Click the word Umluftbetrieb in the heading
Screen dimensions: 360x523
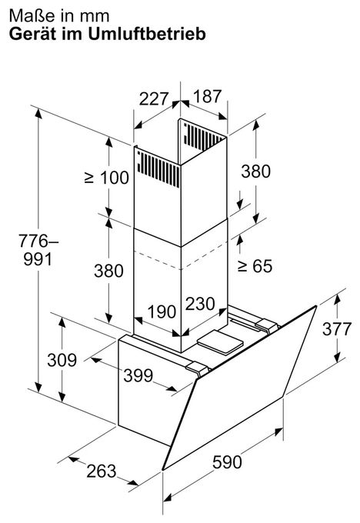coord(147,34)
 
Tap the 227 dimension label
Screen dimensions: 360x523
coord(154,98)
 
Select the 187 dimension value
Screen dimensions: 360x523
coord(207,96)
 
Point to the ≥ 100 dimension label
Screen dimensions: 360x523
coord(107,178)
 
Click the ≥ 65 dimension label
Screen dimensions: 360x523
coord(255,266)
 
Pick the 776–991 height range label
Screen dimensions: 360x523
coord(38,250)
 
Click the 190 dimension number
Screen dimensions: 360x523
coord(162,311)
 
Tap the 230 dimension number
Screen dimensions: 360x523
coord(200,304)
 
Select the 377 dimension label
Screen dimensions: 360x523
coord(337,329)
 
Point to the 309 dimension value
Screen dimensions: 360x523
coord(62,360)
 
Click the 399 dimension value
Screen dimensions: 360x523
coord(138,375)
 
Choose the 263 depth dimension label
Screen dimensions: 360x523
coord(102,471)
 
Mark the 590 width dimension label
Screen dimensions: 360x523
coord(227,462)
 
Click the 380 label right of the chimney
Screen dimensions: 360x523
coord(256,172)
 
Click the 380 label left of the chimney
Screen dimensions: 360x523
coord(108,270)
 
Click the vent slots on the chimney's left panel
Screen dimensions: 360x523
coord(158,168)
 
